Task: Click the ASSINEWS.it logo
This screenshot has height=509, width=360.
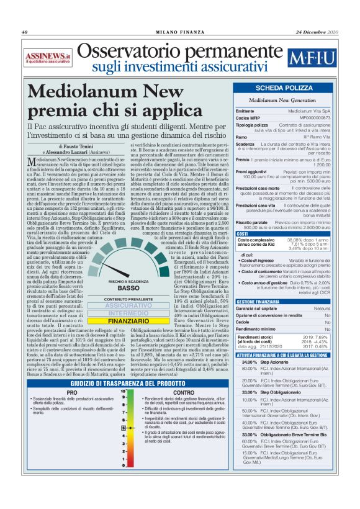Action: pyautogui.click(x=49, y=58)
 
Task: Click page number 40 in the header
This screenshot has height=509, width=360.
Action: pyautogui.click(x=25, y=32)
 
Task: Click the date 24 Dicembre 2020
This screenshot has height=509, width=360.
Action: pyautogui.click(x=317, y=32)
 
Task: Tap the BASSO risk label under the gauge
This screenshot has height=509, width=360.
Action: pyautogui.click(x=128, y=288)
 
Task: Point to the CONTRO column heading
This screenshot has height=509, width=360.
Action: pyautogui.click(x=183, y=392)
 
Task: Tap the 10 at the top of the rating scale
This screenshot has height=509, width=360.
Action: pyautogui.click(x=124, y=392)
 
